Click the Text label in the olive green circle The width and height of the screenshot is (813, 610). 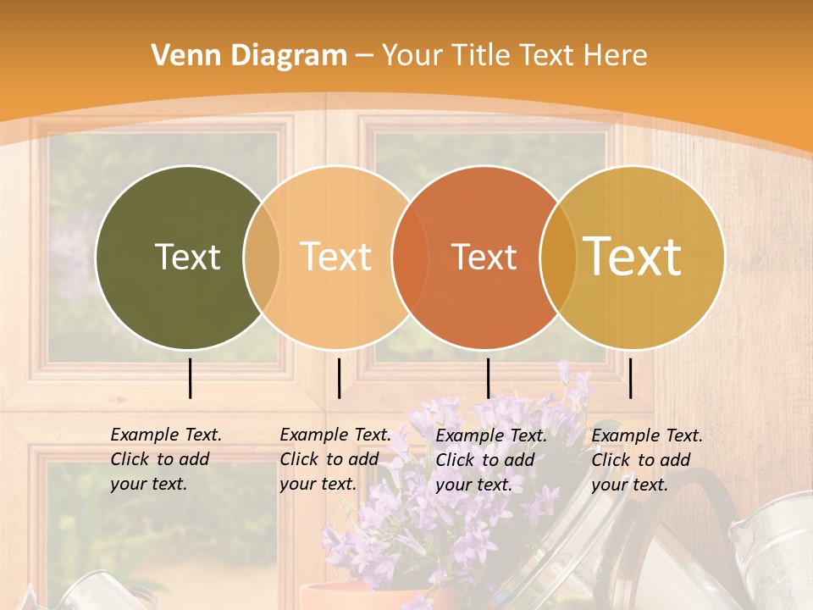[187, 257]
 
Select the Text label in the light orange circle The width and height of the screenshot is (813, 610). [335, 257]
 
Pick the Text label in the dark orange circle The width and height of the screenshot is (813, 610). [484, 257]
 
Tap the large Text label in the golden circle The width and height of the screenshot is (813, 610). [633, 257]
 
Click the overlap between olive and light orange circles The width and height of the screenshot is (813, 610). [262, 257]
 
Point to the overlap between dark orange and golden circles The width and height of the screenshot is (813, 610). [558, 257]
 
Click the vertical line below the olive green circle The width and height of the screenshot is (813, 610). [191, 378]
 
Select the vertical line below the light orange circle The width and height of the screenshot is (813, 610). [339, 378]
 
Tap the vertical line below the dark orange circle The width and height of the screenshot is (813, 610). [489, 378]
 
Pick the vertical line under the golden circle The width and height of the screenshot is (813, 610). [631, 378]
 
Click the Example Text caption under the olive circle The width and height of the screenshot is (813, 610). [166, 435]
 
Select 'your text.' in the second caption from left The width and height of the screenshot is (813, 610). [318, 484]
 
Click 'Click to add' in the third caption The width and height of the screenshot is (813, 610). [484, 460]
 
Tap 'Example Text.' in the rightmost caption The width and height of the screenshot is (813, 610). [647, 435]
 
